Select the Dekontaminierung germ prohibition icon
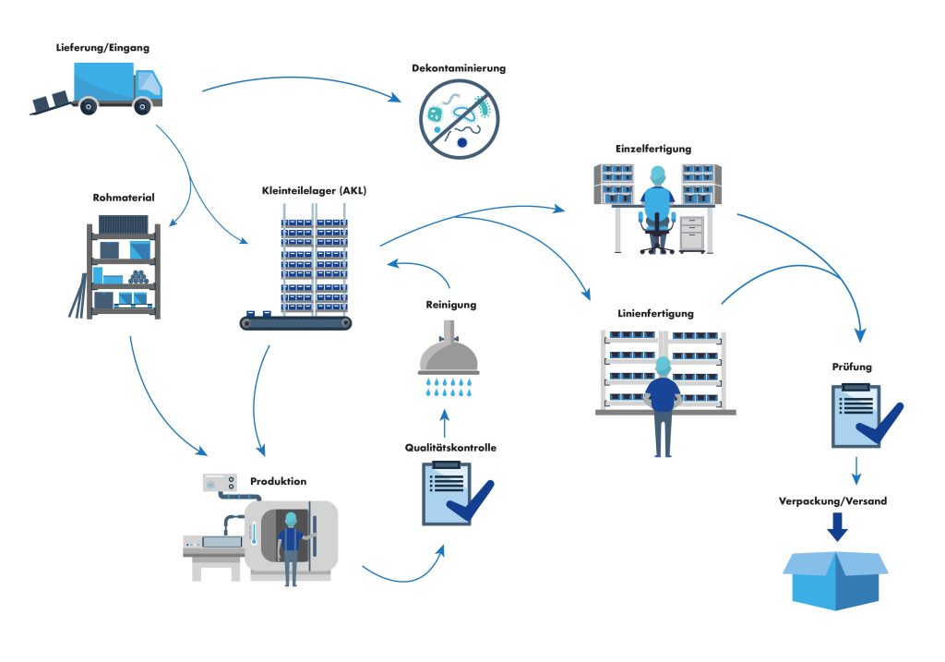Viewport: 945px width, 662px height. click(459, 119)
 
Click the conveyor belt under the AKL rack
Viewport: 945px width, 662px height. click(295, 322)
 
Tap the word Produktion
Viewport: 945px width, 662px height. click(278, 481)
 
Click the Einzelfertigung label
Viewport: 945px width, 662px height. click(652, 148)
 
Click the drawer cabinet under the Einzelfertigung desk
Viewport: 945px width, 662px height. click(691, 235)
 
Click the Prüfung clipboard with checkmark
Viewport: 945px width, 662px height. click(857, 415)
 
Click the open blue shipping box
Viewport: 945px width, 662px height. click(835, 576)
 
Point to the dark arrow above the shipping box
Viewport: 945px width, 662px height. click(836, 526)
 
